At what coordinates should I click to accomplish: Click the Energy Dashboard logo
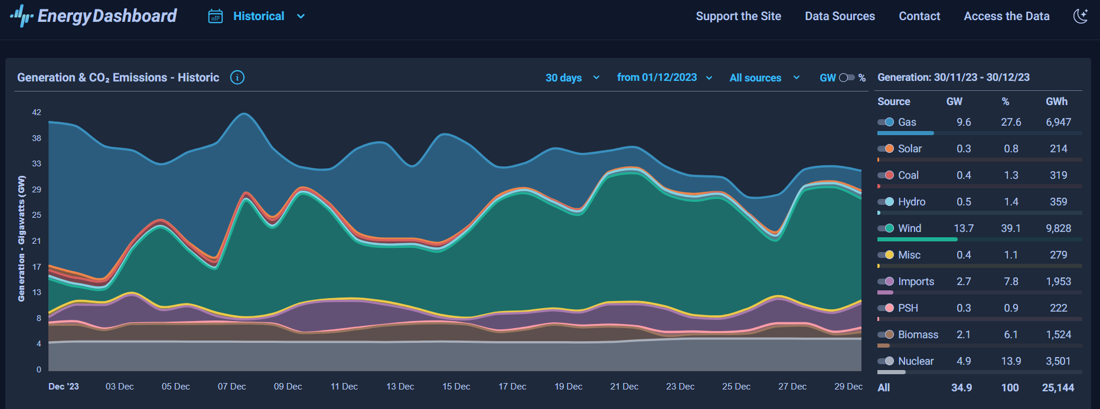pyautogui.click(x=93, y=16)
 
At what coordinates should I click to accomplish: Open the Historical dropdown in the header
pyautogui.click(x=257, y=17)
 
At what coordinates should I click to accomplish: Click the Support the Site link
pyautogui.click(x=738, y=17)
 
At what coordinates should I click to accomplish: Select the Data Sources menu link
pyautogui.click(x=840, y=17)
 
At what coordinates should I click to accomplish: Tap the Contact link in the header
pyautogui.click(x=919, y=17)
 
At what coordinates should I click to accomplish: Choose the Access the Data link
pyautogui.click(x=1006, y=17)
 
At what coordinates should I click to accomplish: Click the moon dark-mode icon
pyautogui.click(x=1081, y=16)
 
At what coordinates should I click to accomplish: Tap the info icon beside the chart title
pyautogui.click(x=237, y=77)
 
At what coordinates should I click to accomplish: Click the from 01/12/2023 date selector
pyautogui.click(x=664, y=78)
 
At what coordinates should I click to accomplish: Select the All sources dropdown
pyautogui.click(x=764, y=78)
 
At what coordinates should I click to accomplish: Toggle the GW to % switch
pyautogui.click(x=847, y=78)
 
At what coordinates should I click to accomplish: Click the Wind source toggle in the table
pyautogui.click(x=886, y=228)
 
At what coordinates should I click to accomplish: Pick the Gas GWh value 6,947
pyautogui.click(x=1058, y=122)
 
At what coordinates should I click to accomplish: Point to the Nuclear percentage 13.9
pyautogui.click(x=1011, y=361)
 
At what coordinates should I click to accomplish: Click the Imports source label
pyautogui.click(x=916, y=282)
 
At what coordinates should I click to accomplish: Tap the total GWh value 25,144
pyautogui.click(x=1057, y=388)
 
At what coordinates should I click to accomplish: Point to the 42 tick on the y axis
pyautogui.click(x=37, y=112)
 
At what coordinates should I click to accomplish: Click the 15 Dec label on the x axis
pyautogui.click(x=456, y=387)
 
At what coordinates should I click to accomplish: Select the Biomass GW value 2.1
pyautogui.click(x=964, y=335)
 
